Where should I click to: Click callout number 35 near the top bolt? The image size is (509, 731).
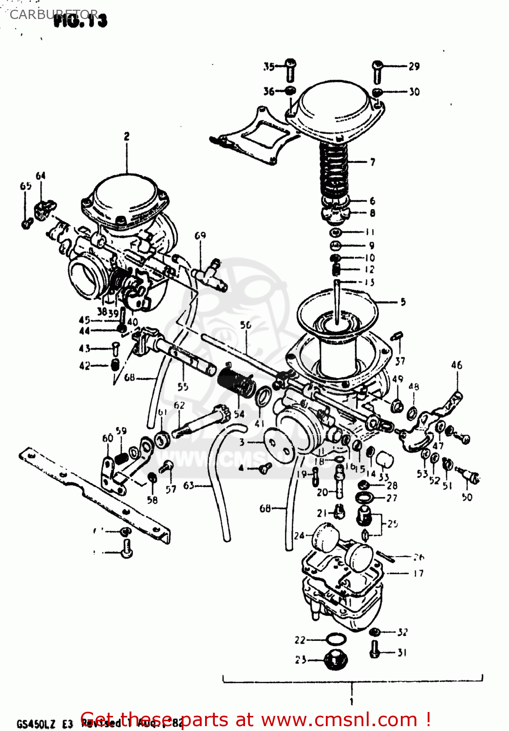(269, 66)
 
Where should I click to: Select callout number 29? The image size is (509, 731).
(414, 66)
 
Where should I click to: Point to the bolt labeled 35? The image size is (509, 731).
(290, 70)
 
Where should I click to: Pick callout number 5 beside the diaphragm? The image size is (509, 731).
(403, 302)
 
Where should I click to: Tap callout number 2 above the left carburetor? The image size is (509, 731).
(127, 136)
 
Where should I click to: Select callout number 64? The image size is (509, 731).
(40, 175)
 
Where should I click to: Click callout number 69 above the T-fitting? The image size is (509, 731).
(200, 236)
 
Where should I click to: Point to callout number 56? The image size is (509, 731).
(245, 325)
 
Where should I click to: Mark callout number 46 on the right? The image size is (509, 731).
(456, 365)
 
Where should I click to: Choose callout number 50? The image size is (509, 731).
(467, 497)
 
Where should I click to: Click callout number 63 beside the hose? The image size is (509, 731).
(189, 485)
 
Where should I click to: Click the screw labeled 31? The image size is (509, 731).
(375, 649)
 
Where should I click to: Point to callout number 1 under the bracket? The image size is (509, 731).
(351, 702)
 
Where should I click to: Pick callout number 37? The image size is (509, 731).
(400, 361)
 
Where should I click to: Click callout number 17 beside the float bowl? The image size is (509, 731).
(418, 574)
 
